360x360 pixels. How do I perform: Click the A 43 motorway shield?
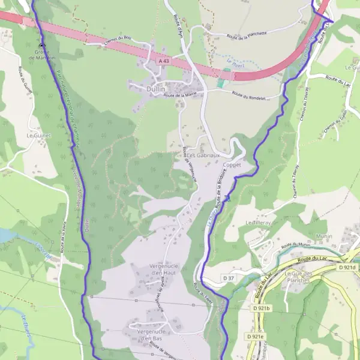tap(164, 61)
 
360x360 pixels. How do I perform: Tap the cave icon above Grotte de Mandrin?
tap(41, 46)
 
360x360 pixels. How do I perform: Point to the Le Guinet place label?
tap(38, 136)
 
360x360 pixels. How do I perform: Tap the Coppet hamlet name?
tap(232, 164)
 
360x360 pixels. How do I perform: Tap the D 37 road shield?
tap(229, 278)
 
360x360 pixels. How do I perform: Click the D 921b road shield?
tap(262, 308)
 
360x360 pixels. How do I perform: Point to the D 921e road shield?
tap(256, 337)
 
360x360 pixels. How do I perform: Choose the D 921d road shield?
tap(347, 267)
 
